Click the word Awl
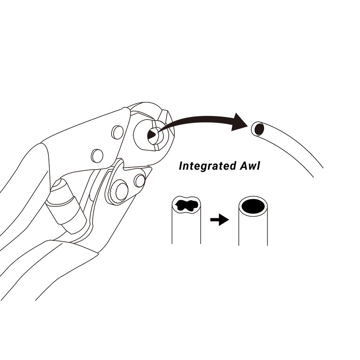250,166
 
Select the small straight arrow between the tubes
219,220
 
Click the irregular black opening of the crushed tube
186,205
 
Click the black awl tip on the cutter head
152,134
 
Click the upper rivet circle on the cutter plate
117,132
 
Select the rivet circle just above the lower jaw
97,156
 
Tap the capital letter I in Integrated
181,166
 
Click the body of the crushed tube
186,220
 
